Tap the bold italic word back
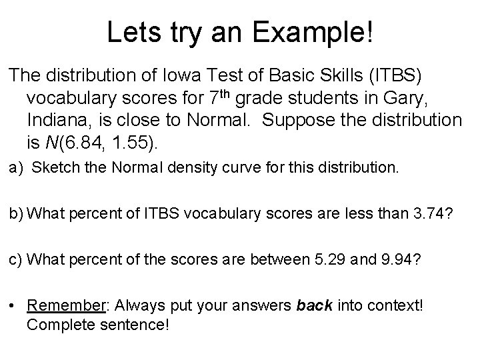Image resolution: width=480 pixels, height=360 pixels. coord(311,306)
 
